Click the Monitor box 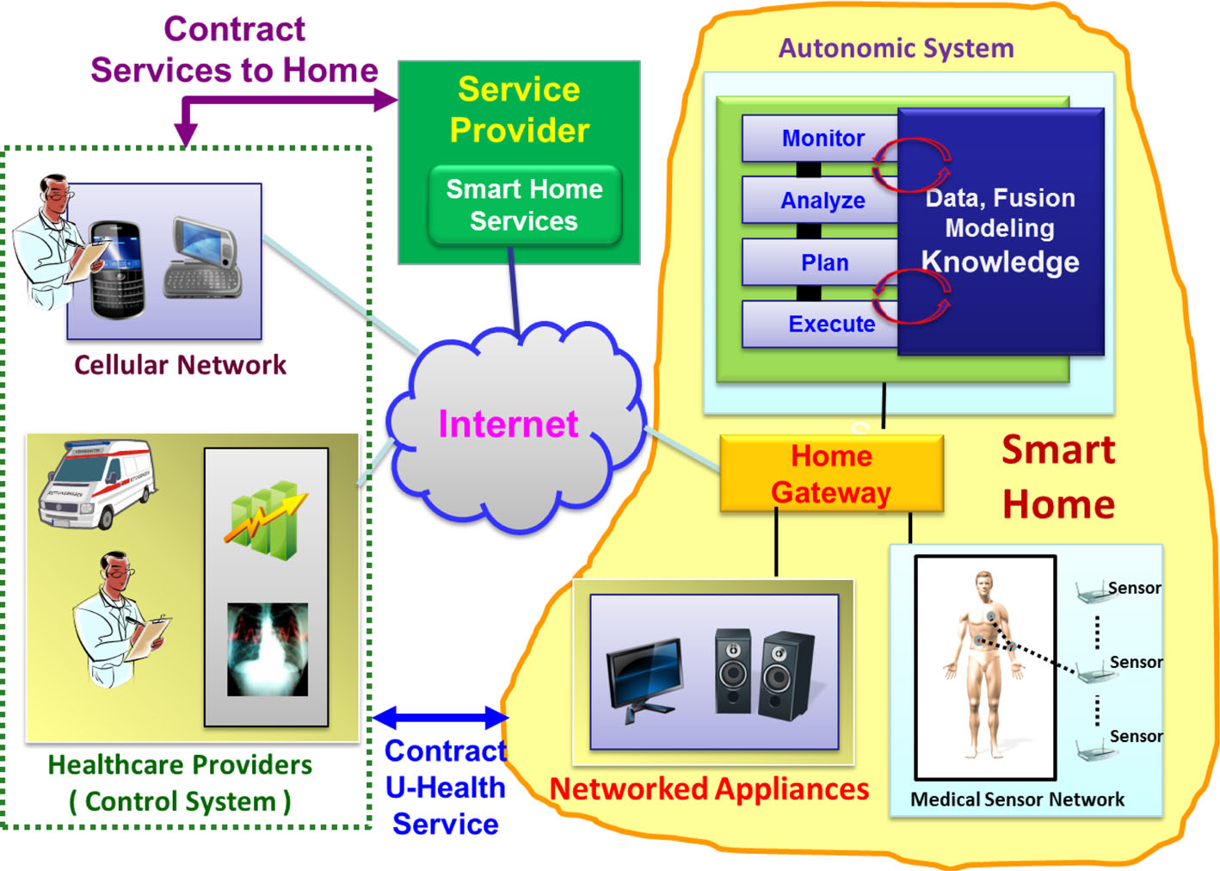[822, 138]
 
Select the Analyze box [822, 201]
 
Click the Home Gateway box [831, 474]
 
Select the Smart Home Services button [524, 205]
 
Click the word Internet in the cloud [508, 424]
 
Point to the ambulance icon [96, 483]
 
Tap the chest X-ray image [267, 649]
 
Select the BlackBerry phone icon [117, 269]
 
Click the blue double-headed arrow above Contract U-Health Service [441, 717]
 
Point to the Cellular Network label [180, 365]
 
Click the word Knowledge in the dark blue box [1000, 262]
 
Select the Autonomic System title [896, 48]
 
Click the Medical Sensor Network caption [1017, 800]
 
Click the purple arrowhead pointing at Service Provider [385, 101]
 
